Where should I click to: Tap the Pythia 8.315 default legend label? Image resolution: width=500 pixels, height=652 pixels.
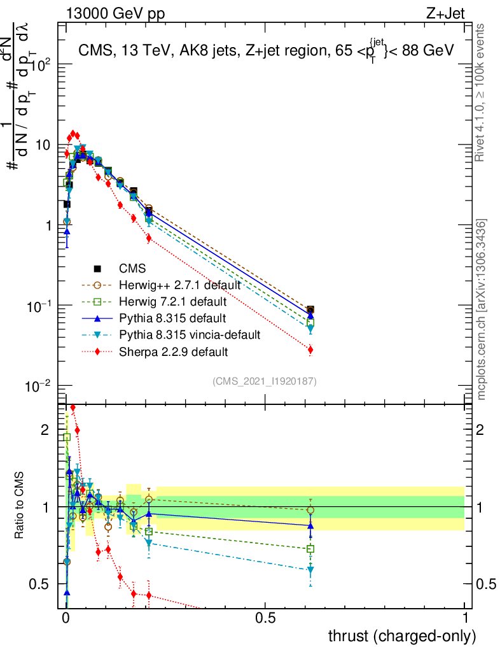click(172, 318)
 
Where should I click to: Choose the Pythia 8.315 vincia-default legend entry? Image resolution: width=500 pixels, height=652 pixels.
click(189, 334)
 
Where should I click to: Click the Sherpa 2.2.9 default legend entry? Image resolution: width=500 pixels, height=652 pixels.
click(173, 351)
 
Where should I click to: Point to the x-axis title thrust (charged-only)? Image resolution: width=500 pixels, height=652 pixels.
click(401, 635)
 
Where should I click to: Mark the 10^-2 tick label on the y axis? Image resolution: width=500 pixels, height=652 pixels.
click(39, 386)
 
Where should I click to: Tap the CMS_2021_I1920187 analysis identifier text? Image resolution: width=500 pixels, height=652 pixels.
click(265, 381)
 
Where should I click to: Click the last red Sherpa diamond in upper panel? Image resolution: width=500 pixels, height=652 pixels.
click(310, 350)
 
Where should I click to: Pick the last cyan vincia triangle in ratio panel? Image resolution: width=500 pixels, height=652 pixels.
click(310, 569)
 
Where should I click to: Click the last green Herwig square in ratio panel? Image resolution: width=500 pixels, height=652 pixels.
click(310, 549)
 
